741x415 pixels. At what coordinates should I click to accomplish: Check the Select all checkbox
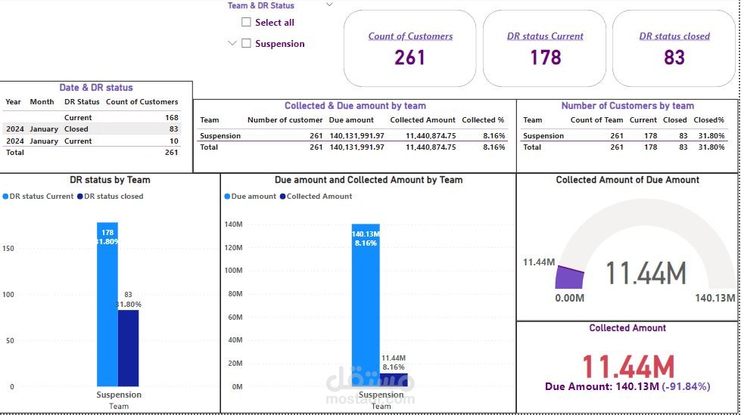point(246,23)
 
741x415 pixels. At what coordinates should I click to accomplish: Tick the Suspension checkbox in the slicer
point(246,44)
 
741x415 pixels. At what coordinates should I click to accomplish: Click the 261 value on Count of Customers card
point(409,57)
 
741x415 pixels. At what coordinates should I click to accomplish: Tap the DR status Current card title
point(545,36)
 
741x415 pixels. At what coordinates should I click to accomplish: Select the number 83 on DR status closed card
point(674,57)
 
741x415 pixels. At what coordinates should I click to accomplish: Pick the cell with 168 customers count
point(171,118)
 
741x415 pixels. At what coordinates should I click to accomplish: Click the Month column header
point(42,102)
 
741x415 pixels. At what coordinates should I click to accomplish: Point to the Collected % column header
point(483,120)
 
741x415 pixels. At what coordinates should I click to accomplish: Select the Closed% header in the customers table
point(708,120)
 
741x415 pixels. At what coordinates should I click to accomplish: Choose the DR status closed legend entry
point(114,197)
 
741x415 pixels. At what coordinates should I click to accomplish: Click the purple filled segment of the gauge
point(570,279)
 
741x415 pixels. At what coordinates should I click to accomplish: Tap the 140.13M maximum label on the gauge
point(715,299)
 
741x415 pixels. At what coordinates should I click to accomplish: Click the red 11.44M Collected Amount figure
point(628,367)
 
